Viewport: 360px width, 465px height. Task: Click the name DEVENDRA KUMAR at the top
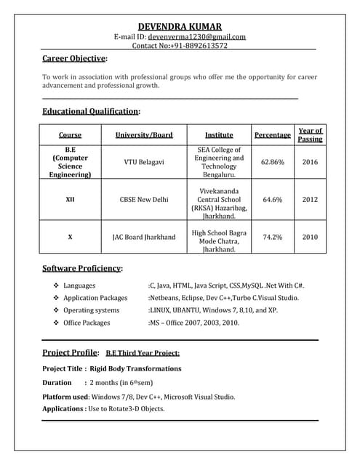(180, 26)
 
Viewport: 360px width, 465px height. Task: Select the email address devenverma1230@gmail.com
(196, 36)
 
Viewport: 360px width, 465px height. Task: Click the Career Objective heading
(74, 58)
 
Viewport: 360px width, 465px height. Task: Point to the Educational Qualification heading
(90, 111)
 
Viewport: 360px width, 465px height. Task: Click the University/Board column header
(144, 135)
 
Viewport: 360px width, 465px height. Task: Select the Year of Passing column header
(310, 134)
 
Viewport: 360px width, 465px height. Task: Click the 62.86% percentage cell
(272, 162)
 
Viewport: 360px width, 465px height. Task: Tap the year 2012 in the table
(310, 199)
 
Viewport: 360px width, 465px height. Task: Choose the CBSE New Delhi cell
(143, 199)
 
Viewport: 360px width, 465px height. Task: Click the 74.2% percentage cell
(272, 237)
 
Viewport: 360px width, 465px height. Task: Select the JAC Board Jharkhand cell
(143, 237)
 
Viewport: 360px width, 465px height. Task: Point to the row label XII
(70, 199)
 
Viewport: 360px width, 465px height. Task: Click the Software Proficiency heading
(81, 268)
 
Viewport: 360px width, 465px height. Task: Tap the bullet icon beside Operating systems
(56, 310)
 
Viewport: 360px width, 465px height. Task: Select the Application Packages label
(95, 298)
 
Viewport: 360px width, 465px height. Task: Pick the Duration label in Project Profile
(57, 382)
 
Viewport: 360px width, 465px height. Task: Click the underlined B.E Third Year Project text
(143, 353)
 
